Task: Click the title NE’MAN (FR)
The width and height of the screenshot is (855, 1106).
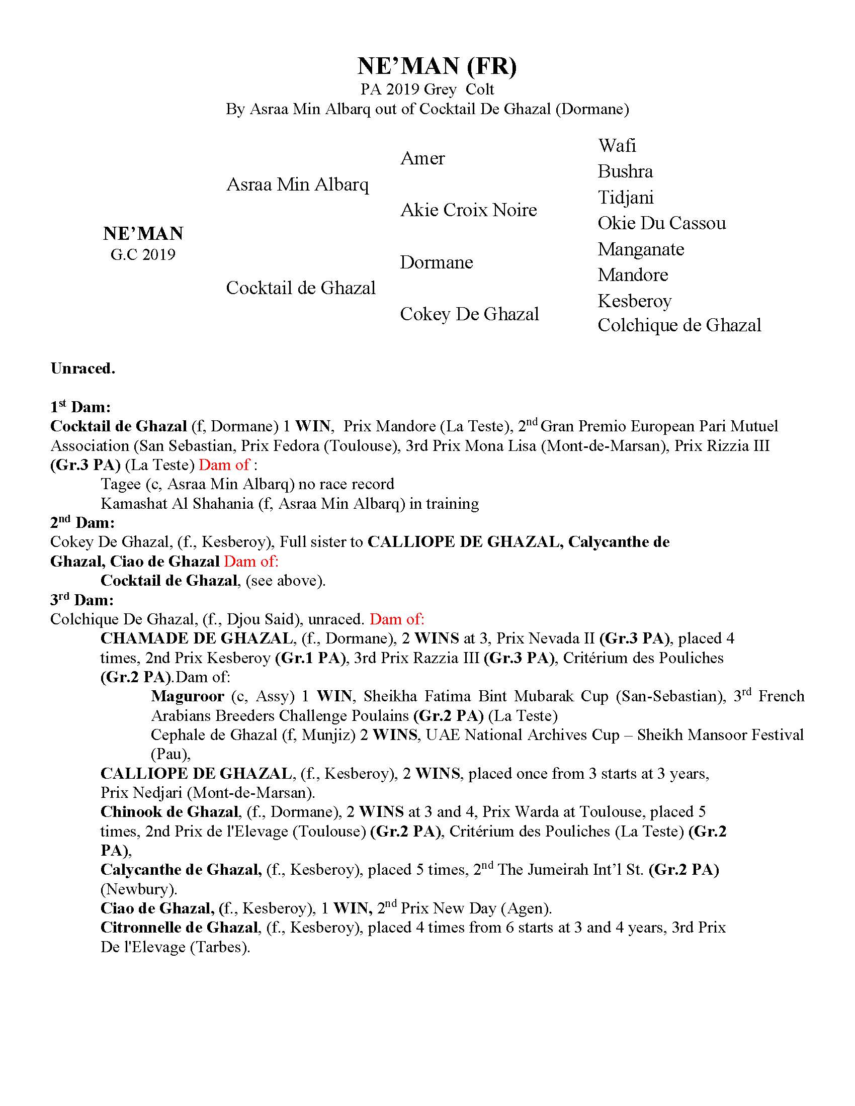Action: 437,66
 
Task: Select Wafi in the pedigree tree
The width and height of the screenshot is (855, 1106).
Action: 617,146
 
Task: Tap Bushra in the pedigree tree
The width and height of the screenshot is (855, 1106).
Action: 625,171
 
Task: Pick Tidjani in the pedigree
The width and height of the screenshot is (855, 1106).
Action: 625,198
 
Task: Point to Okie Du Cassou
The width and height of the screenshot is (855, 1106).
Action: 661,223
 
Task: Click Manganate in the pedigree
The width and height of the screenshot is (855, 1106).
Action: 640,249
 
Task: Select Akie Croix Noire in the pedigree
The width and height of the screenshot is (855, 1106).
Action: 468,210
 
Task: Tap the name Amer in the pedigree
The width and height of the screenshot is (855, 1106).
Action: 422,158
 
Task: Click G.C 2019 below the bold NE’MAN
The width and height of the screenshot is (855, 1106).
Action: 143,254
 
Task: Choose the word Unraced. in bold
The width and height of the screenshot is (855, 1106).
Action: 83,368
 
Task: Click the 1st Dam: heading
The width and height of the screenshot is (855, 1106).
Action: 80,407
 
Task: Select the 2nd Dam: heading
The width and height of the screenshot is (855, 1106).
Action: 82,523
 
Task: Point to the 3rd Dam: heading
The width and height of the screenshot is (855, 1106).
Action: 81,600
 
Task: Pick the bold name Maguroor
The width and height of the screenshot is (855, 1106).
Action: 188,696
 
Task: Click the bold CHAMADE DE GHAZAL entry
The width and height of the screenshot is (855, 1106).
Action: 197,638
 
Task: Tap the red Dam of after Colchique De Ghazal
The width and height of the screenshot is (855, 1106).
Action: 397,619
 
